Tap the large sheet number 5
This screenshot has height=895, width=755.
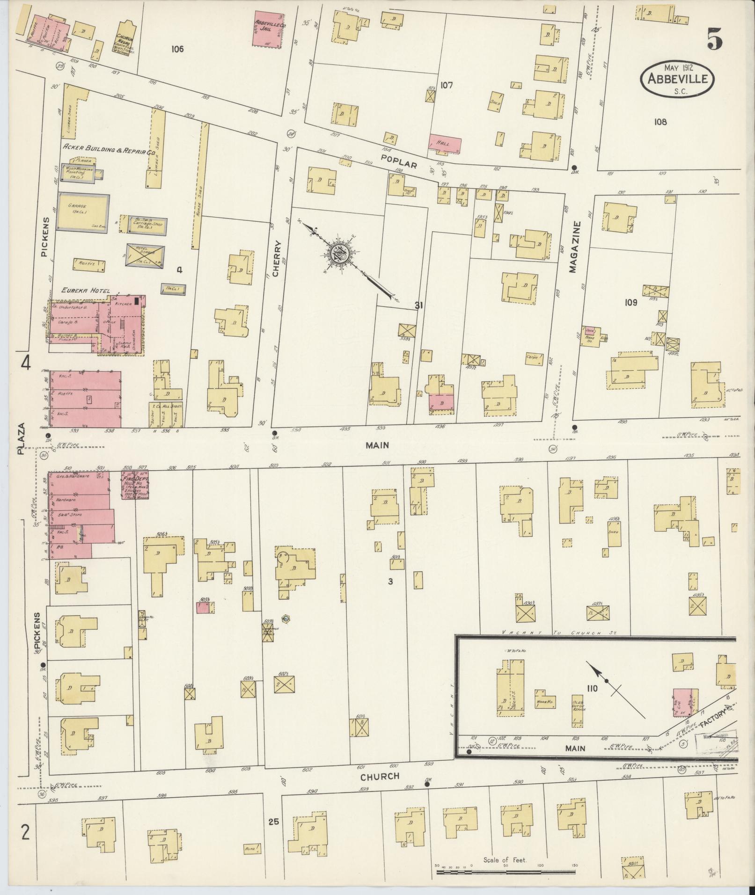pyautogui.click(x=714, y=38)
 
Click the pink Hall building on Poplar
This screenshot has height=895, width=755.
pyautogui.click(x=445, y=143)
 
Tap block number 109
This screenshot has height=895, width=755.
pyautogui.click(x=630, y=303)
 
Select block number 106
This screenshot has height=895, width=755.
pyautogui.click(x=177, y=49)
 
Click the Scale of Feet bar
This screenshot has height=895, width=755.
pyautogui.click(x=506, y=872)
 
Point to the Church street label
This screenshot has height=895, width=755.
pyautogui.click(x=380, y=776)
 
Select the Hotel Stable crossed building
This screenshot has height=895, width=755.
pyautogui.click(x=146, y=257)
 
